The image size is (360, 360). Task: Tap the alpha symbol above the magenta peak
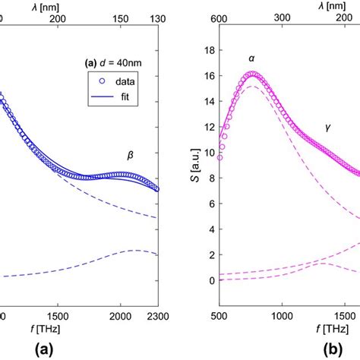(251, 58)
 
